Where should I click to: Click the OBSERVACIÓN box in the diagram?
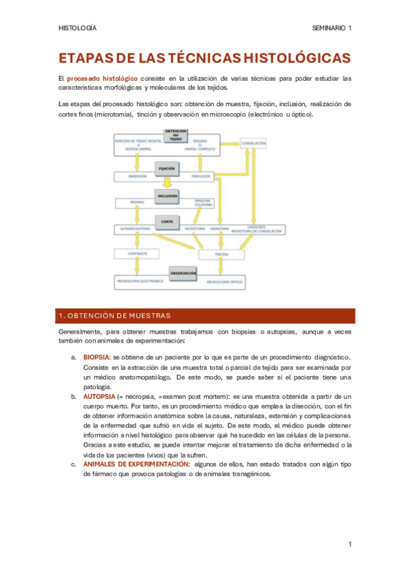[x=184, y=273]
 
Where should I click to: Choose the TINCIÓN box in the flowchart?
[x=221, y=254]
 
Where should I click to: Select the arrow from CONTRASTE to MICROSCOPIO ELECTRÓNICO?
[x=136, y=267]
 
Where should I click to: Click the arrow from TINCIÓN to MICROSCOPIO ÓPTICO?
[x=221, y=268]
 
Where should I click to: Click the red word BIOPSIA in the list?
[x=96, y=357]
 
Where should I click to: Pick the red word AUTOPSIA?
[x=99, y=397]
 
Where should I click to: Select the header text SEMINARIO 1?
[x=332, y=28]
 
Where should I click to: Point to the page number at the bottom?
[x=349, y=545]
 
